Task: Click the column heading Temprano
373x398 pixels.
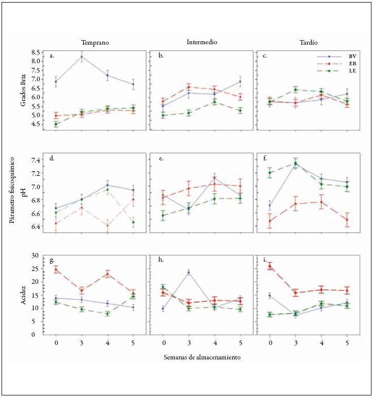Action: point(94,43)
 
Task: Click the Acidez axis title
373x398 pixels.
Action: point(23,294)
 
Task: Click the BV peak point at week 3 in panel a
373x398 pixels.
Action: point(81,57)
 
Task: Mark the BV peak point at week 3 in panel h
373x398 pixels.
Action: point(189,273)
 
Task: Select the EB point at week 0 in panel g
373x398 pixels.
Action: point(56,269)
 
